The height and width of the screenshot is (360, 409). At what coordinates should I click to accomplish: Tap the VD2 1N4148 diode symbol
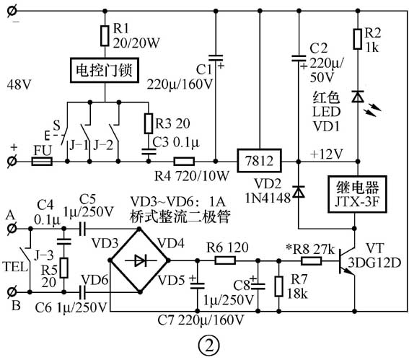point(297,191)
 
